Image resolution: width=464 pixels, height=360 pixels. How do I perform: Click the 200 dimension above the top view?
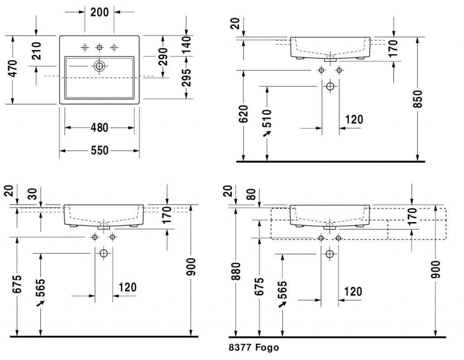point(99,12)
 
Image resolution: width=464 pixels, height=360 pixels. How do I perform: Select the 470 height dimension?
point(13,68)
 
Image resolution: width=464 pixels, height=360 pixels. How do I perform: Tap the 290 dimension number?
point(163,56)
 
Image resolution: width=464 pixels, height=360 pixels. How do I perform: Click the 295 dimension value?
point(186,78)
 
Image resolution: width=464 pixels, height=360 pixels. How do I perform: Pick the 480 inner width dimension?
point(99,128)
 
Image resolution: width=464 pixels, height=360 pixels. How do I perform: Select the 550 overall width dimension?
point(99,151)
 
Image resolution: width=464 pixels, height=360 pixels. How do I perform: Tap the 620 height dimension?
point(243,114)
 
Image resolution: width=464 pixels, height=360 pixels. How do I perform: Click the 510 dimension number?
point(267,118)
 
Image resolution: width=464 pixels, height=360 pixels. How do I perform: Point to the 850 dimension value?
point(417,99)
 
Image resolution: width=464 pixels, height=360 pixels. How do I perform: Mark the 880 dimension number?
point(236,271)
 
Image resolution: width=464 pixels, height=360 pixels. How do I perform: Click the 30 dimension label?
point(34,194)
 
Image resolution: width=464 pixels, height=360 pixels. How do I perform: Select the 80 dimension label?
point(251,194)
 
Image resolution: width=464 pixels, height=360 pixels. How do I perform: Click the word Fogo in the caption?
point(267,347)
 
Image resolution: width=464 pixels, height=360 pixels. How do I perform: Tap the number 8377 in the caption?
point(240,347)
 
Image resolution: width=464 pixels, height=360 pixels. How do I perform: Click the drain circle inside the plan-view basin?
point(99,66)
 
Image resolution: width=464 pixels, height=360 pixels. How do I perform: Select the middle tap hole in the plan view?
point(99,47)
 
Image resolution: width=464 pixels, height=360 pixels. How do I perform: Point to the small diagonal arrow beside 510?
point(267,134)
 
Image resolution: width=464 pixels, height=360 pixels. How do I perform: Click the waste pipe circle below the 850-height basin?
point(330,86)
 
